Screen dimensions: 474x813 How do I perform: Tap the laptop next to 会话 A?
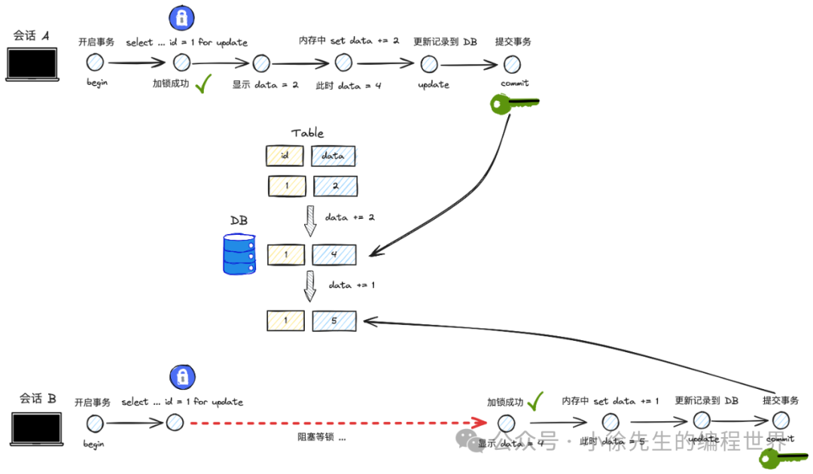pyautogui.click(x=32, y=63)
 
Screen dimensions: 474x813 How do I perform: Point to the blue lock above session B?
pyautogui.click(x=181, y=376)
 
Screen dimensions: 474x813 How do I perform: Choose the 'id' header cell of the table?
pyautogui.click(x=285, y=156)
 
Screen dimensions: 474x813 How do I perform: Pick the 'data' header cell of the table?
pyautogui.click(x=333, y=156)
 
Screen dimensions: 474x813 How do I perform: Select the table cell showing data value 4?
pyautogui.click(x=334, y=254)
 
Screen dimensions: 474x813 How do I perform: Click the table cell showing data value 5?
pyautogui.click(x=334, y=321)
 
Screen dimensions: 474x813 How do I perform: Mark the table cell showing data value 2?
pyautogui.click(x=335, y=186)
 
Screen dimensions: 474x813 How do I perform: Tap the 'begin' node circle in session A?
pyautogui.click(x=95, y=63)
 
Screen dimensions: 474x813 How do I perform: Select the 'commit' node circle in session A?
pyautogui.click(x=512, y=64)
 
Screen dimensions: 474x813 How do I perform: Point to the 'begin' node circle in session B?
pyautogui.click(x=95, y=424)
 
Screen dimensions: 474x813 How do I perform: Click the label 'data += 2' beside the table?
pyautogui.click(x=350, y=217)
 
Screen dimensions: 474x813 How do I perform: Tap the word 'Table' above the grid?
pyautogui.click(x=308, y=133)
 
